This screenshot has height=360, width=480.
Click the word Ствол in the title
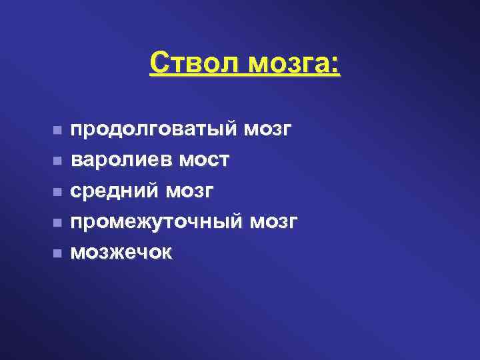pyautogui.click(x=194, y=64)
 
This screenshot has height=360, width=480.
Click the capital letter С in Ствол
pyautogui.click(x=159, y=64)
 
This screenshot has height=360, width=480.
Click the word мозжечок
pyautogui.click(x=121, y=253)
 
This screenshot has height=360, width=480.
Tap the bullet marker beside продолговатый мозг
pyautogui.click(x=58, y=129)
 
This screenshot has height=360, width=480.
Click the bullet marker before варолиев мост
pyautogui.click(x=58, y=161)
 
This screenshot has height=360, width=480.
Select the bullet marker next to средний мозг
pyautogui.click(x=58, y=191)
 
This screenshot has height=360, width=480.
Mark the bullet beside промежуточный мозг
pyautogui.click(x=58, y=222)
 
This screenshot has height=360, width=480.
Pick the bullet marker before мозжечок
pyautogui.click(x=58, y=253)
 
